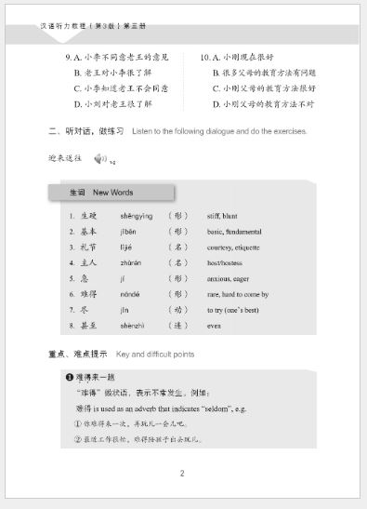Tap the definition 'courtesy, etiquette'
233,247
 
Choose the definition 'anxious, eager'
229,278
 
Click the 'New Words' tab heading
102,193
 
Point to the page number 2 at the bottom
182,474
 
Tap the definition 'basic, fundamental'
234,231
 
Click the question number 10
205,58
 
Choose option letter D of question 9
78,104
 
